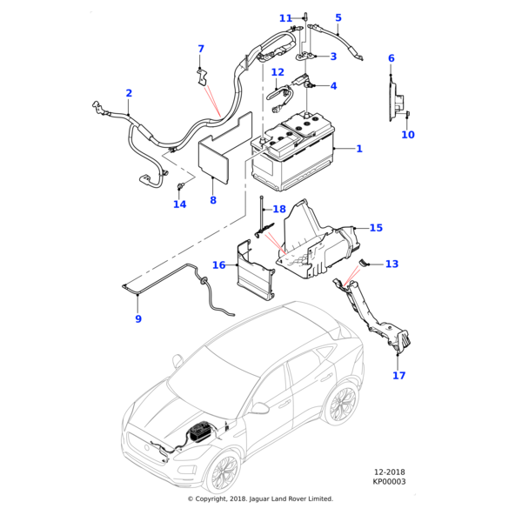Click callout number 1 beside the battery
[x=358, y=149]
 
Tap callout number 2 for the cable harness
[x=129, y=93]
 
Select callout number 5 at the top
[x=338, y=17]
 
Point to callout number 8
[x=213, y=201]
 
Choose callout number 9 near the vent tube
[x=137, y=319]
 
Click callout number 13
[x=391, y=264]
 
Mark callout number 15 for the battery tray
[x=375, y=228]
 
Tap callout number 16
[x=218, y=264]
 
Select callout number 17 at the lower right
[x=398, y=376]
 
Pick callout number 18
[x=278, y=210]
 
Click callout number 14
[x=179, y=204]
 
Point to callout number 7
[x=201, y=49]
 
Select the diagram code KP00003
[x=389, y=481]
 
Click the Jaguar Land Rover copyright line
[x=261, y=499]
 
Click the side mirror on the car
[x=260, y=407]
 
